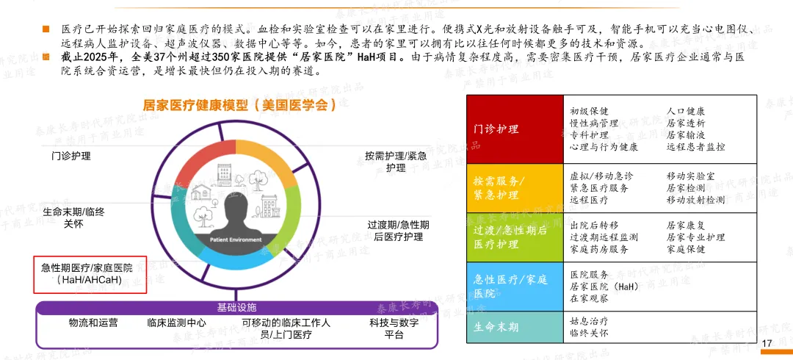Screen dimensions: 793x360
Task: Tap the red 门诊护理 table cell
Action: coord(514,129)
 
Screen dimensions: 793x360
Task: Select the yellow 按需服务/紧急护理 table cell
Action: coord(514,187)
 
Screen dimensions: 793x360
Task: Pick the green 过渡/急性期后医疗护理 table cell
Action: coord(514,237)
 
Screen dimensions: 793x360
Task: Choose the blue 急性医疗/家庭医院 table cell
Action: coord(514,286)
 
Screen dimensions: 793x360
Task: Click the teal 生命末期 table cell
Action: coord(514,327)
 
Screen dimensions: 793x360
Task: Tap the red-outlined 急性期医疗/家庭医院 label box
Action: coord(91,274)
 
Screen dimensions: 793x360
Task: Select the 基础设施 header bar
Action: coord(236,306)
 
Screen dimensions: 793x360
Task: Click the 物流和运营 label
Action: coord(93,323)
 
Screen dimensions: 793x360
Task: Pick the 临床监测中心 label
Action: coord(176,323)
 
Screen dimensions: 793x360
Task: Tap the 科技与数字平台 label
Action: coord(394,328)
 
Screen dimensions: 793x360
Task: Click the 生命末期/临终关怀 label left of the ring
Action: coord(73,217)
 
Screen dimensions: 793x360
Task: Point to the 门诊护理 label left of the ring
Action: coord(71,156)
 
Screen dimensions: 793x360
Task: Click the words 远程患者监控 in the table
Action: coord(695,147)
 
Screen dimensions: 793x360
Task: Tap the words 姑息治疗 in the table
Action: coord(589,321)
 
